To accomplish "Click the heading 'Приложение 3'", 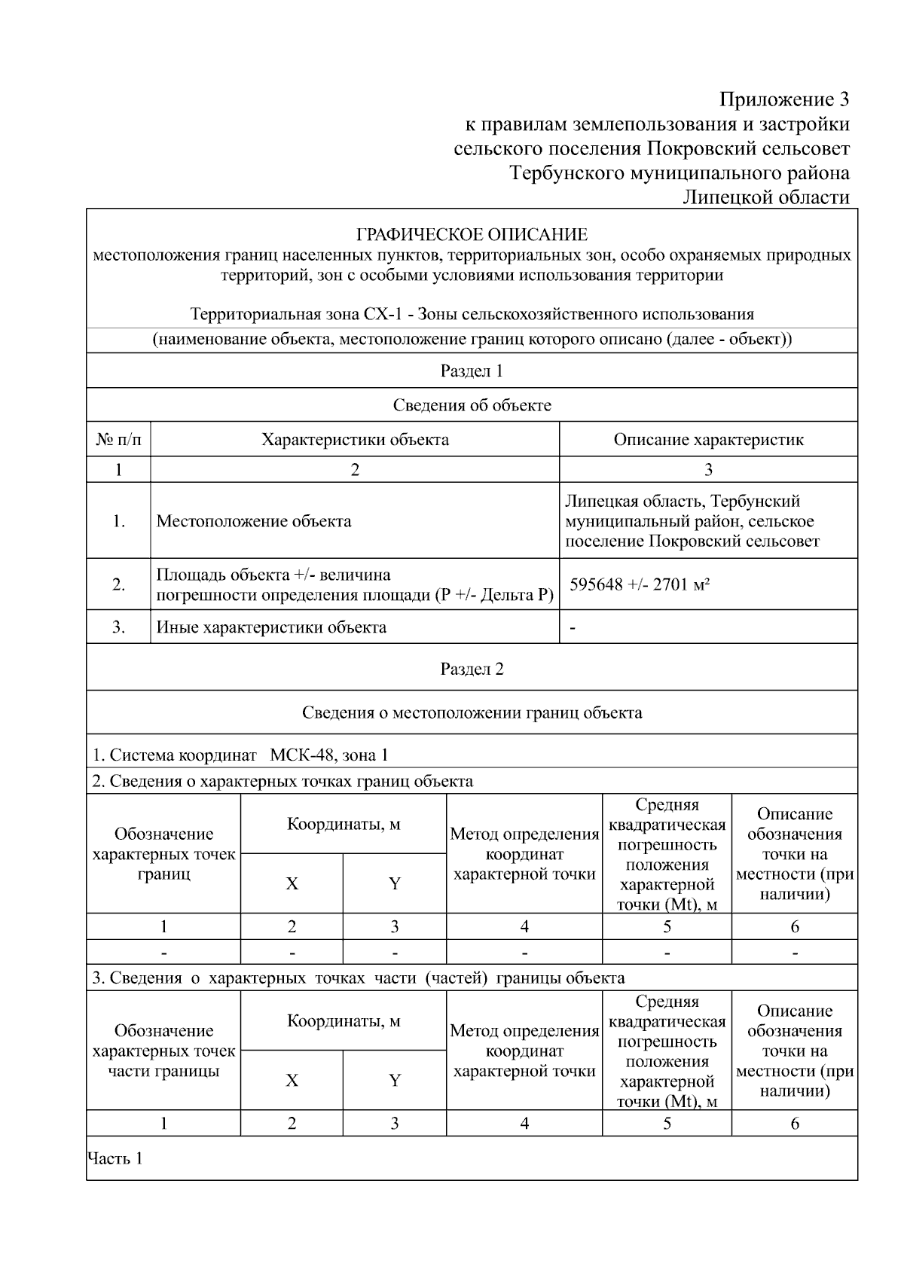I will [783, 100].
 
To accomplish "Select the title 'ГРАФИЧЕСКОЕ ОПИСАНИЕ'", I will [472, 235].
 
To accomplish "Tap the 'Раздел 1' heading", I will [472, 371].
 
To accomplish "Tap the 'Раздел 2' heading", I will [472, 670].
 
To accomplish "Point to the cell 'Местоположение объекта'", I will [254, 521].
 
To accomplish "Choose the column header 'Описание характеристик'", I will [708, 440].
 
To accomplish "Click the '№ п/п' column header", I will [118, 440].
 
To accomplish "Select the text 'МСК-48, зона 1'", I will [329, 755].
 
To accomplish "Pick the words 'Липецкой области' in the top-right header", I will [766, 198].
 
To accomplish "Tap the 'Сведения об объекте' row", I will [472, 406].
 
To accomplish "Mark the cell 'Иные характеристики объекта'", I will [271, 627].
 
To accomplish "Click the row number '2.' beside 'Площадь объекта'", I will [118, 584].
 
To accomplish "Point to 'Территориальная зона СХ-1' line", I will [472, 314].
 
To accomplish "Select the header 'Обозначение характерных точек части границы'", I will [163, 1051].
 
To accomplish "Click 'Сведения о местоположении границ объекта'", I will [472, 712].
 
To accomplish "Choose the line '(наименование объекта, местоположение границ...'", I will [472, 340].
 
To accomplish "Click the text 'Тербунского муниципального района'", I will [680, 173].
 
